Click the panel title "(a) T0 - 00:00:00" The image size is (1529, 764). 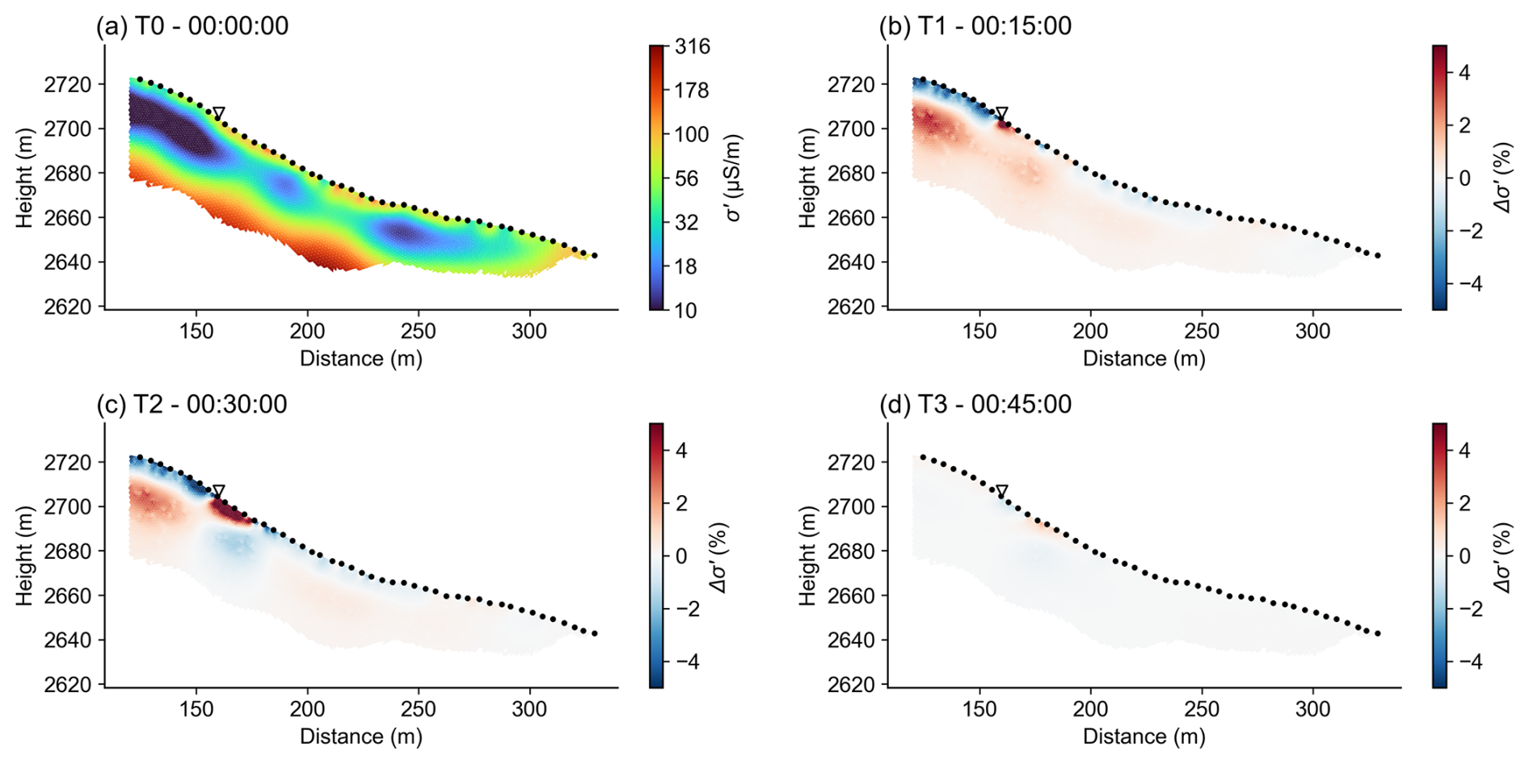(192, 26)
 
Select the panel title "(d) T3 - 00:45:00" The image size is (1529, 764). (975, 404)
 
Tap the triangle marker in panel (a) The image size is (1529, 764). (218, 114)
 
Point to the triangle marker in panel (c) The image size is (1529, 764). (218, 492)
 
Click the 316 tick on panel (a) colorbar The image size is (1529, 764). (692, 47)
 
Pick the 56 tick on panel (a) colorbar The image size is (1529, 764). (686, 178)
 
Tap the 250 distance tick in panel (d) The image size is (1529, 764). (1202, 709)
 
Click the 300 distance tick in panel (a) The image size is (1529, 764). (530, 331)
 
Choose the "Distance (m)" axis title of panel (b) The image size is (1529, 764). (1144, 359)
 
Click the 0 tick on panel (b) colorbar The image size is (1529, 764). (1464, 178)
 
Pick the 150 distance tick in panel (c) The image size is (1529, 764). (196, 709)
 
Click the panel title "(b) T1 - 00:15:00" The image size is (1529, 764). (975, 26)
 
